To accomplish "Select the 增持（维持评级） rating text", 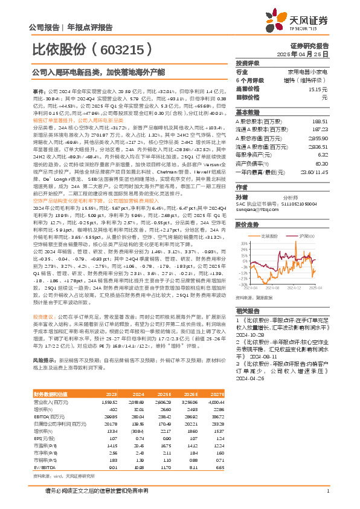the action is click(308, 80).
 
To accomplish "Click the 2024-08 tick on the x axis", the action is click(273, 288).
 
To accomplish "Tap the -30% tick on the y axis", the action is click(242, 284).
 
